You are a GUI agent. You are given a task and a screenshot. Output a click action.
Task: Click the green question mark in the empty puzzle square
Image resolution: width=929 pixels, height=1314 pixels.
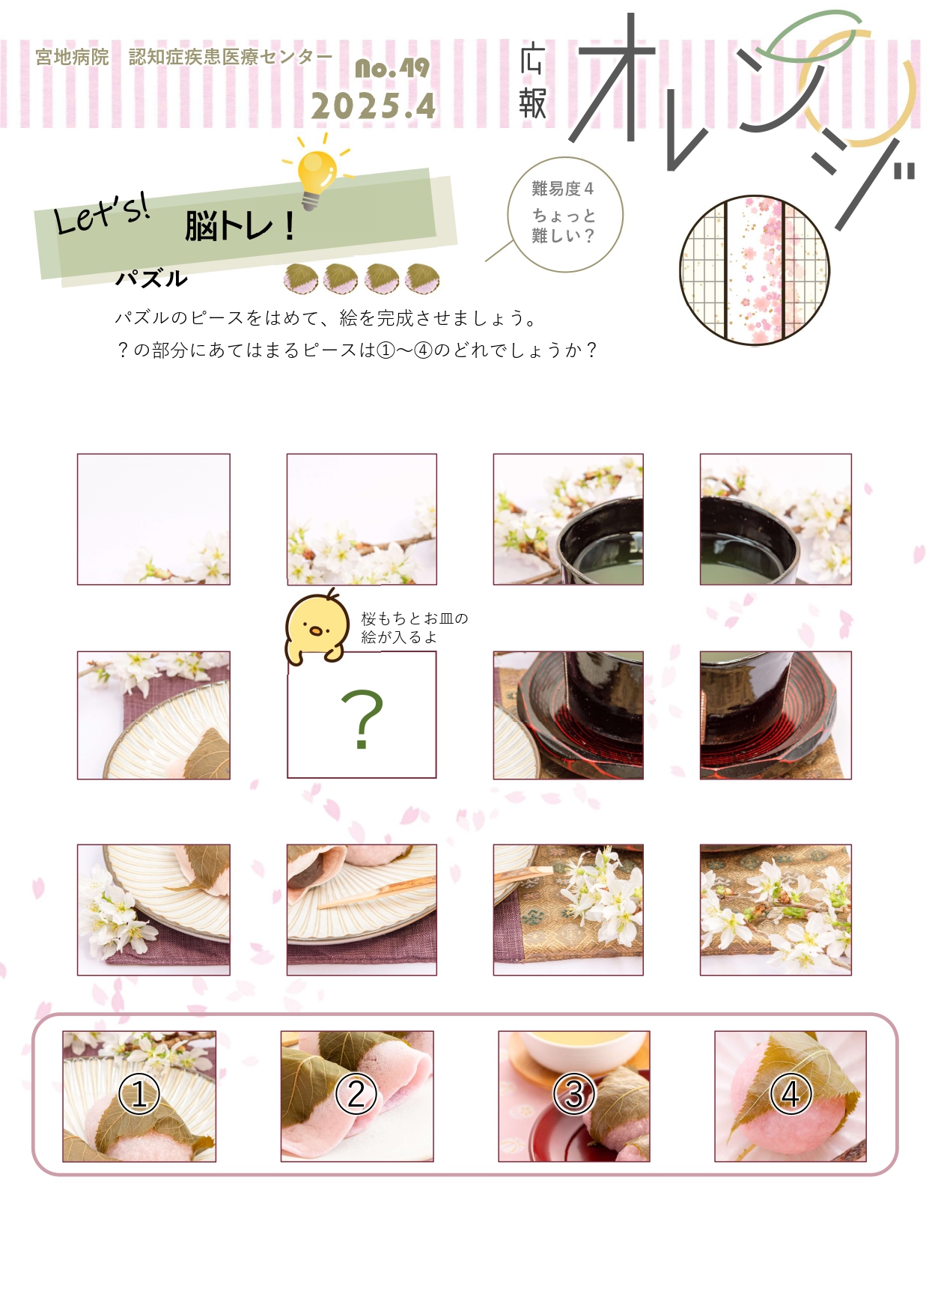pos(362,719)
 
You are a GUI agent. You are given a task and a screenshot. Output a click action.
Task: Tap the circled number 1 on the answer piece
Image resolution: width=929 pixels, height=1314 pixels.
pos(139,1094)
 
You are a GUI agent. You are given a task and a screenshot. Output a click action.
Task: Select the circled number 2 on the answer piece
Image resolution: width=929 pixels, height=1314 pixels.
pos(356,1094)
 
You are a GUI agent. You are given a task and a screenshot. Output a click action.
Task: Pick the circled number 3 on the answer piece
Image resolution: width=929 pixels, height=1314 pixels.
pos(574,1094)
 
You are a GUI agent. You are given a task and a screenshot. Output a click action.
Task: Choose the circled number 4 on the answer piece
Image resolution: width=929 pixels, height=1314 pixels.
pos(791,1094)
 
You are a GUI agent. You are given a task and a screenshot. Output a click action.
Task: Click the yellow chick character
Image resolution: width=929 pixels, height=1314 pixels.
pos(317,627)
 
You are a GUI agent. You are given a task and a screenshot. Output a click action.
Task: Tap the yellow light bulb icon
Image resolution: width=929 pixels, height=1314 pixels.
pos(317,173)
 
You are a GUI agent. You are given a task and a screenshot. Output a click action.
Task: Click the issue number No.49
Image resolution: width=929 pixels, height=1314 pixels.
pos(392,68)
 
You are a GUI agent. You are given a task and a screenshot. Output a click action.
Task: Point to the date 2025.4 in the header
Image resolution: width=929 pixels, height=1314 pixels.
pos(374,106)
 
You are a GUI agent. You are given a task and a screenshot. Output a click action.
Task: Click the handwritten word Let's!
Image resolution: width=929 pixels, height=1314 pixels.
pos(102,213)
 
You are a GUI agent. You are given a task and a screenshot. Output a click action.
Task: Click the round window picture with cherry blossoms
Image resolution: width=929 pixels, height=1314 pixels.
pos(755,270)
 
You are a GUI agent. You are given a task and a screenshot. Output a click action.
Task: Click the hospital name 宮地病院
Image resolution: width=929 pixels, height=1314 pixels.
pos(73,57)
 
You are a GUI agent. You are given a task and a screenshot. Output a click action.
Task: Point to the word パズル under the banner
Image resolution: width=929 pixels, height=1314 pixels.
pos(151,278)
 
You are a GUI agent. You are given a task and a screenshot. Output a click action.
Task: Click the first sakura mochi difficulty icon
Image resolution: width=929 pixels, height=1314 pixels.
pos(301,279)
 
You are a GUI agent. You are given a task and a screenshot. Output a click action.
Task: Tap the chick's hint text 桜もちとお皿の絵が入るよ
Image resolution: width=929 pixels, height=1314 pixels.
pos(415,627)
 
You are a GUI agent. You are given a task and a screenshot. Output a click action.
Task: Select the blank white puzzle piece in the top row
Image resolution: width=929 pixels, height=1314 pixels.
pos(153,519)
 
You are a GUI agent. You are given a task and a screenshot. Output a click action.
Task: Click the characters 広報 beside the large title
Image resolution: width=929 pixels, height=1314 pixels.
pos(532,82)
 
